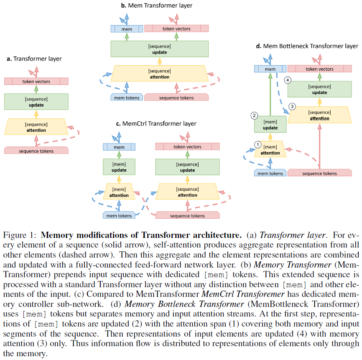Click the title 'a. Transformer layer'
pos(34,59)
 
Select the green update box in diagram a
pos(36,102)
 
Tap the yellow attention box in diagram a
pos(36,127)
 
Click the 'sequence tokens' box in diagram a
pos(36,151)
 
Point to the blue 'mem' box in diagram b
pos(127,29)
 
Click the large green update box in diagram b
pos(159,49)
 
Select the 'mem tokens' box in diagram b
pos(127,97)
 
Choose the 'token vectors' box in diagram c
pos(187,147)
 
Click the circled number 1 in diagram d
pos(257,144)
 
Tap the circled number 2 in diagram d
pos(253,115)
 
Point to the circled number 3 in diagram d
pos(292,107)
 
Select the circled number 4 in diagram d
pos(287,79)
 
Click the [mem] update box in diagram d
pos(270,124)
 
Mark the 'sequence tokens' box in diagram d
pos(319,173)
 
